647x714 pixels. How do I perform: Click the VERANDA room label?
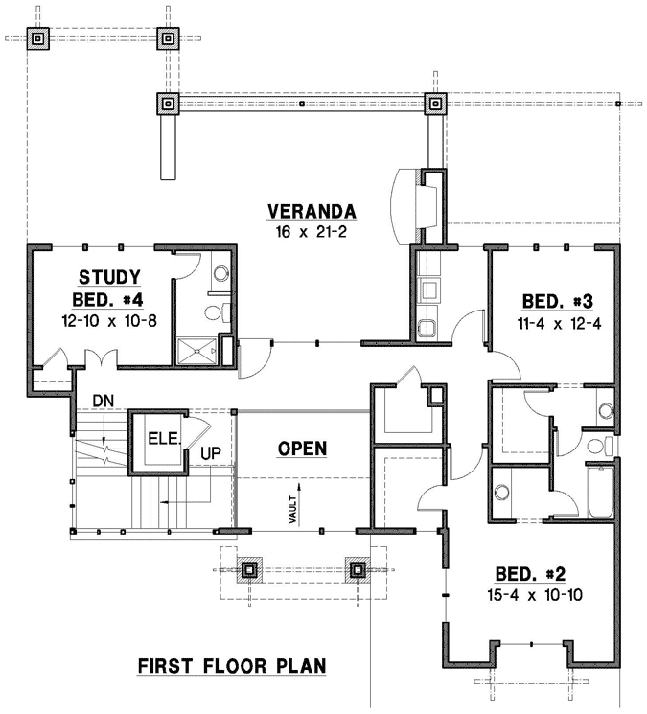coord(312,211)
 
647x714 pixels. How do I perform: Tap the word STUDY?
coord(110,277)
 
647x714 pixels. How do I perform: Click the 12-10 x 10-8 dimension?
coord(110,320)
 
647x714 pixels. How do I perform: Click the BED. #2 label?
coord(530,574)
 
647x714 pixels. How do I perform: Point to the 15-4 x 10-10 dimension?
coord(530,594)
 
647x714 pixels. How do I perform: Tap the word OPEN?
coord(303,448)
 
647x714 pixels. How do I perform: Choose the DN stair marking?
coord(104,400)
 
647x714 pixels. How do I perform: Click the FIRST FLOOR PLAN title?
coord(231,664)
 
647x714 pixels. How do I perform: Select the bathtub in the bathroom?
coord(601,491)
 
